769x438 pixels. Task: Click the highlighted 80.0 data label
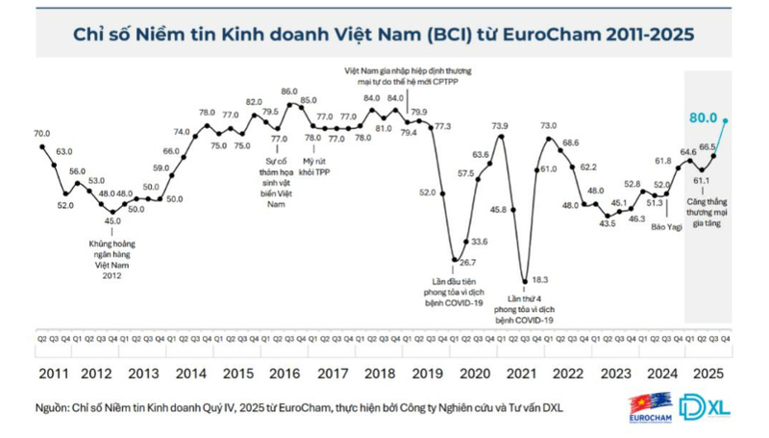point(702,118)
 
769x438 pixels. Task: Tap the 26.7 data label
point(466,261)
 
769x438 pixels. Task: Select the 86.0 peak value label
point(289,91)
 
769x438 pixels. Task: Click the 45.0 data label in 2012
point(112,220)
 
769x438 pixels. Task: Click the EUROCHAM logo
point(650,406)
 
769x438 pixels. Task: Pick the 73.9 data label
point(500,126)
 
